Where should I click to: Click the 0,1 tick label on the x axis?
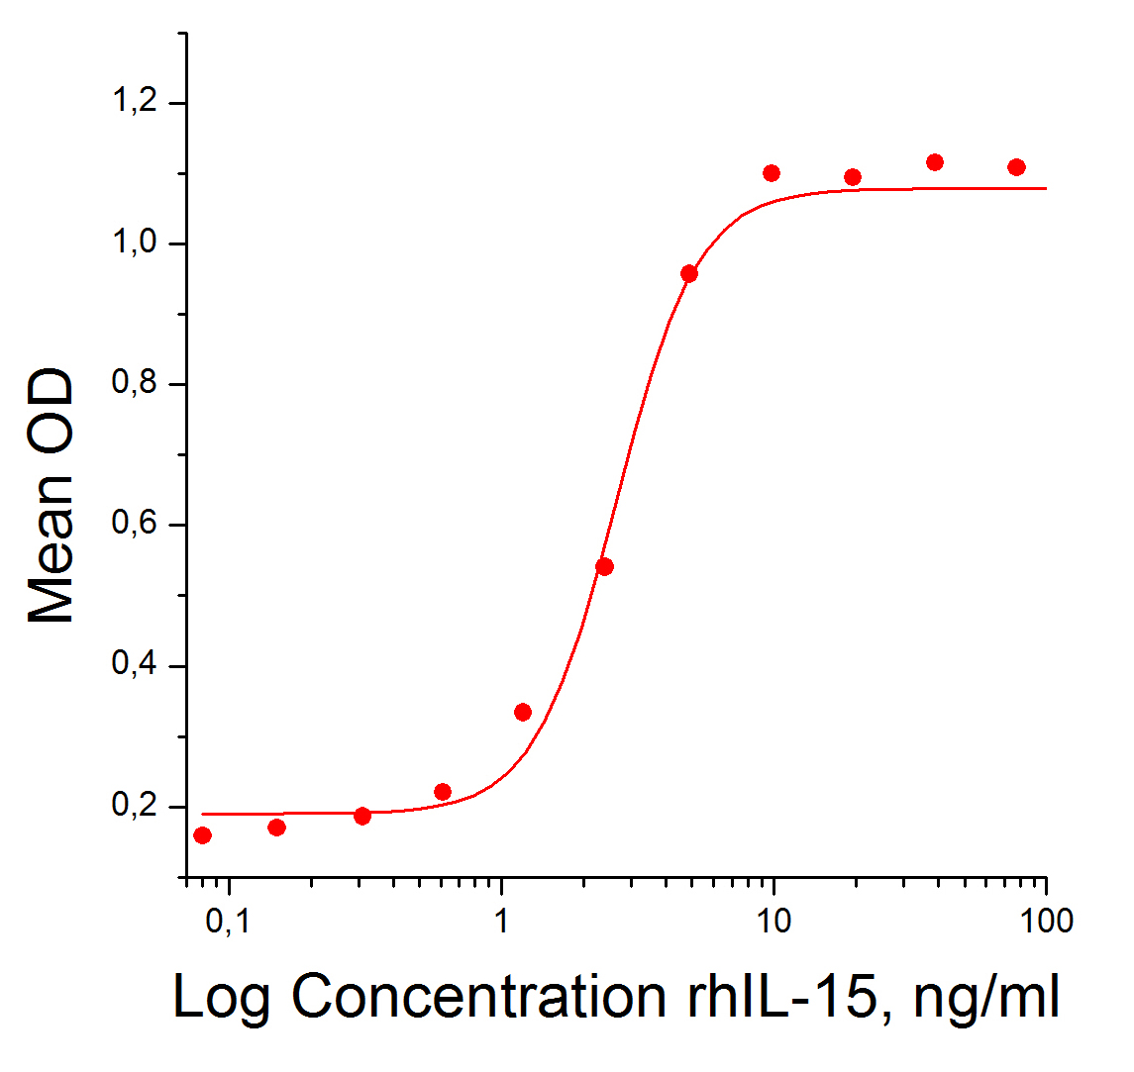pyautogui.click(x=229, y=922)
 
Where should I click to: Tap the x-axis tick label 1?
pyautogui.click(x=501, y=922)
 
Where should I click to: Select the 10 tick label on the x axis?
pyautogui.click(x=773, y=922)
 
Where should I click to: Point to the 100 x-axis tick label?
pyautogui.click(x=1045, y=922)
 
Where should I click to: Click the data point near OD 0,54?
pyautogui.click(x=605, y=566)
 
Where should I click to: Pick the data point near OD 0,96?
pyautogui.click(x=689, y=273)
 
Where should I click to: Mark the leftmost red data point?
pyautogui.click(x=202, y=835)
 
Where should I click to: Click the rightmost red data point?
pyautogui.click(x=1016, y=167)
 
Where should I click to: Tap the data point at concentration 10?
pyautogui.click(x=772, y=173)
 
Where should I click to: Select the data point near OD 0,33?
pyautogui.click(x=523, y=712)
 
